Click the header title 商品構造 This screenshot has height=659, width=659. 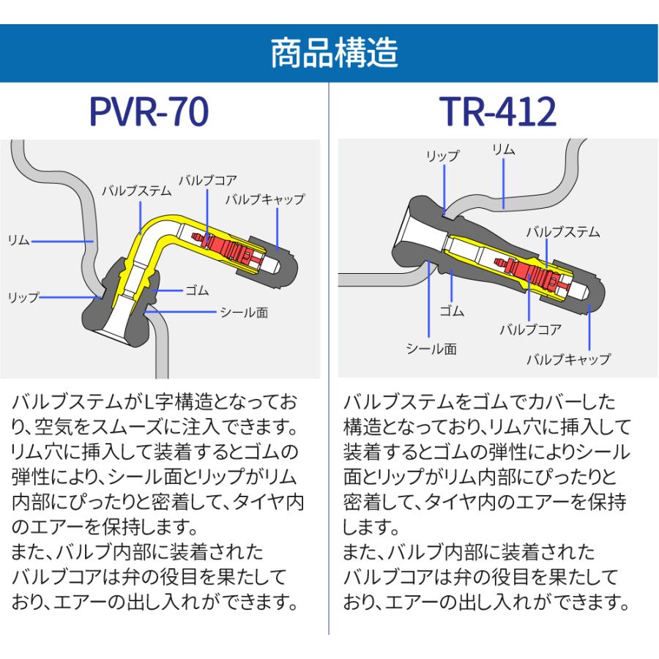334,53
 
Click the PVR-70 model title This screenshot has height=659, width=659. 149,111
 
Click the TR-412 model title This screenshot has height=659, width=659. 498,111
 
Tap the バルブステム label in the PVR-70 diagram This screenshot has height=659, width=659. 137,191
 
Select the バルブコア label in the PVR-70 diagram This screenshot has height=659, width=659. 208,181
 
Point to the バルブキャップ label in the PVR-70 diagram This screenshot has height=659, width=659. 265,199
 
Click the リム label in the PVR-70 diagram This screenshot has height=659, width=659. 18,240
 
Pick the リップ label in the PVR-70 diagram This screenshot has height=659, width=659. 23,297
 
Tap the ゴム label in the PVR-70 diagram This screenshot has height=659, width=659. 197,291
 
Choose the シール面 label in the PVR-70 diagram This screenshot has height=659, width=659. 244,312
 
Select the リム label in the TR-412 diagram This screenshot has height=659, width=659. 504,149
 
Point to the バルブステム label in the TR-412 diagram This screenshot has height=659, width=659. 563,232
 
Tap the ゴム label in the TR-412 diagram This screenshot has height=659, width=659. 452,310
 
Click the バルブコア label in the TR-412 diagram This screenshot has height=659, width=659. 530,329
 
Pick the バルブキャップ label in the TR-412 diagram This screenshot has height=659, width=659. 568,360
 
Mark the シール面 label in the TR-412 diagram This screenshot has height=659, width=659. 431,349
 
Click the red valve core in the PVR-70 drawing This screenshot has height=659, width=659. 229,247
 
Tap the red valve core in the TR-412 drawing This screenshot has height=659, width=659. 532,274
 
